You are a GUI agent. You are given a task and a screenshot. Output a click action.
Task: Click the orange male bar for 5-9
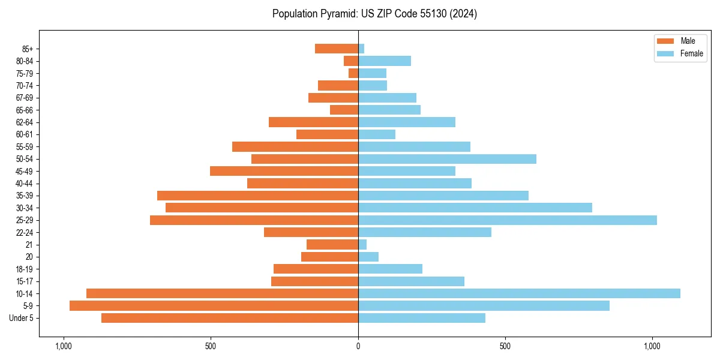click(x=214, y=306)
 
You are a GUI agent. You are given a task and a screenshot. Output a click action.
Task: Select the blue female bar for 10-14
click(x=519, y=293)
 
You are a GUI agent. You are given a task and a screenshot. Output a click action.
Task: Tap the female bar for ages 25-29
click(x=507, y=220)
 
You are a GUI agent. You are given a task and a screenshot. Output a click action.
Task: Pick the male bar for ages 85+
click(x=337, y=49)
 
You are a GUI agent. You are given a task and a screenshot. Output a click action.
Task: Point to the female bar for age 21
click(x=362, y=245)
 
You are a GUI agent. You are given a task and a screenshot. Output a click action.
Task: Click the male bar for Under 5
click(x=230, y=318)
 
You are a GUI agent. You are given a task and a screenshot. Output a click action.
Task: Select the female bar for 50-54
click(x=447, y=159)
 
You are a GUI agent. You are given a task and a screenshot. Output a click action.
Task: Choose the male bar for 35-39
click(x=257, y=196)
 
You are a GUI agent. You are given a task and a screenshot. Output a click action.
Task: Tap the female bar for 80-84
click(x=385, y=61)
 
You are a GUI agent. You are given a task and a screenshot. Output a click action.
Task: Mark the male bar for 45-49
click(x=284, y=171)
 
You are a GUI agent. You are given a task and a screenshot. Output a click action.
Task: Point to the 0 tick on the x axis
click(x=358, y=346)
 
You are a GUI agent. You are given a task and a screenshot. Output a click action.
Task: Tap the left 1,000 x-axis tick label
click(x=63, y=346)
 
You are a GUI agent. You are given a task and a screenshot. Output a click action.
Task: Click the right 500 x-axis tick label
click(x=505, y=346)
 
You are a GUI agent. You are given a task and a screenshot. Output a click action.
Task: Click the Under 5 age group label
click(x=21, y=318)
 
